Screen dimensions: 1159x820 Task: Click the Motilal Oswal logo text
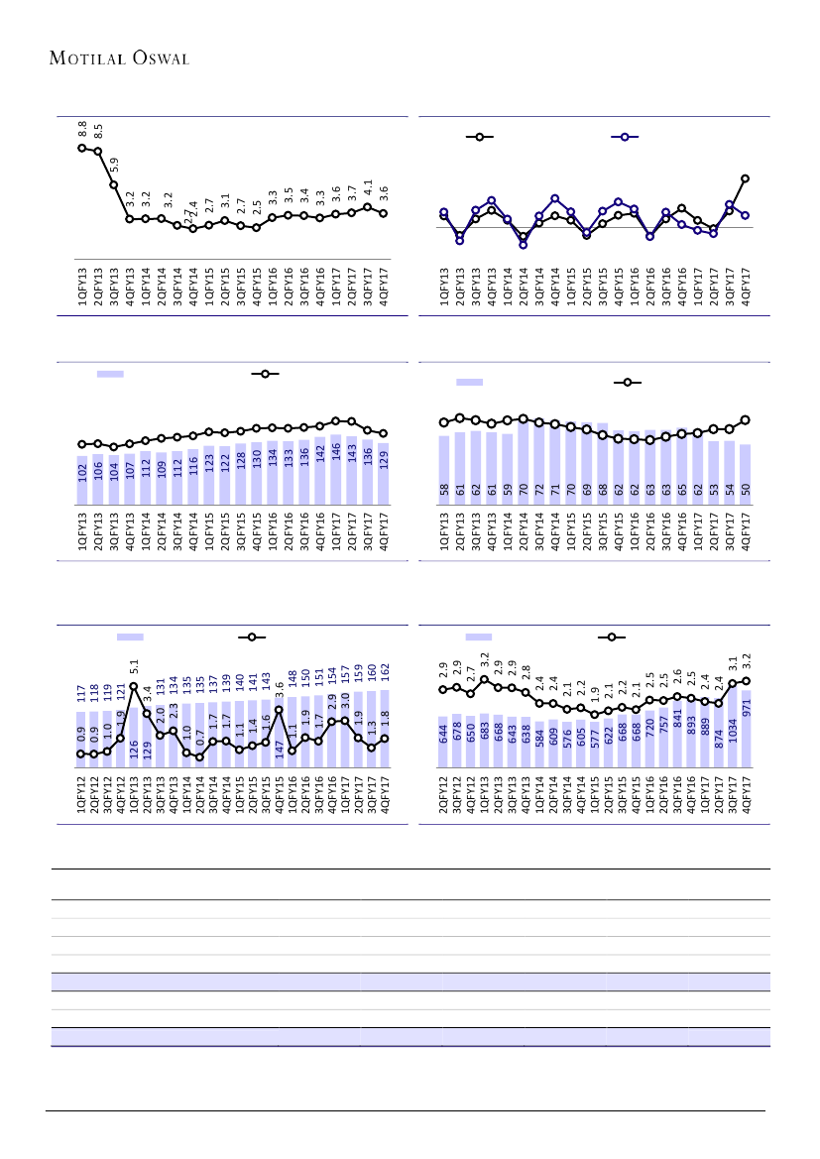(x=119, y=58)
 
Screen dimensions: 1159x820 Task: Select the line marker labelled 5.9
(x=114, y=185)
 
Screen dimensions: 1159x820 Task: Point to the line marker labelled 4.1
(x=368, y=207)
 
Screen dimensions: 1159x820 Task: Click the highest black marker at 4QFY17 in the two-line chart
(x=745, y=178)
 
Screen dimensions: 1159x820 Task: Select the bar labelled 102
(x=82, y=480)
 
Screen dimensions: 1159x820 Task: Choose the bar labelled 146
(x=336, y=470)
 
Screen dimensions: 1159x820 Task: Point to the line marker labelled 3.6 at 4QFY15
(x=279, y=710)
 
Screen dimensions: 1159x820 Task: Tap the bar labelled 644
(x=444, y=743)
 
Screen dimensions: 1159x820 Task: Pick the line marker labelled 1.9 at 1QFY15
(x=595, y=714)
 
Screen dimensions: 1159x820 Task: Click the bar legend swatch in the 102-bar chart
(x=110, y=374)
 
